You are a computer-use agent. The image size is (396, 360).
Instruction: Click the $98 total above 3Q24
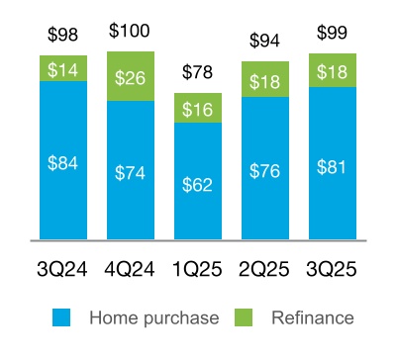(x=62, y=36)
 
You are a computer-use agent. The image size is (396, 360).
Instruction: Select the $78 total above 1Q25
(x=197, y=73)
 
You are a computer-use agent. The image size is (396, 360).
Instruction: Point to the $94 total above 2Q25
(x=264, y=41)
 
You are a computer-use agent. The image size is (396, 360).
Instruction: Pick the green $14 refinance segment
(x=62, y=68)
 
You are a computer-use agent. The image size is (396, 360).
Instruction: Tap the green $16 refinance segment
(x=197, y=109)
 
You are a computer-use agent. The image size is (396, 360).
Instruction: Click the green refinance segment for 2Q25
(x=264, y=81)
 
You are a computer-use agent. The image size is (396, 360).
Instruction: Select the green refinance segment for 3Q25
(x=332, y=71)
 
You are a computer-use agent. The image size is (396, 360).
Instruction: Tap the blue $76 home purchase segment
(x=264, y=168)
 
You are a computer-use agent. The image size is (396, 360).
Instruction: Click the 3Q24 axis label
(x=62, y=269)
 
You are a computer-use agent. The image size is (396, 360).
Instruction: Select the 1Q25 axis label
(x=197, y=269)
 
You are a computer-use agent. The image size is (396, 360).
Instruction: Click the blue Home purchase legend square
(x=61, y=317)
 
